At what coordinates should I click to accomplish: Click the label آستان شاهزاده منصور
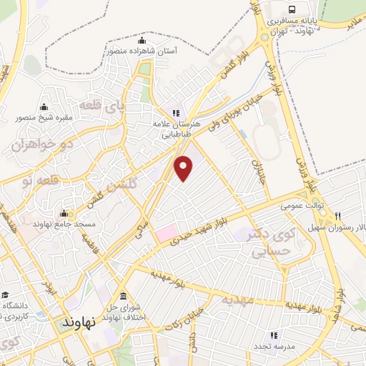(142, 51)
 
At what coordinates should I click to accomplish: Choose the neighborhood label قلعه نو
(38, 181)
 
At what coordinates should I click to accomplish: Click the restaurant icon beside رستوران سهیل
(337, 216)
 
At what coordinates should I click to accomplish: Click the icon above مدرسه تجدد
(273, 335)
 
